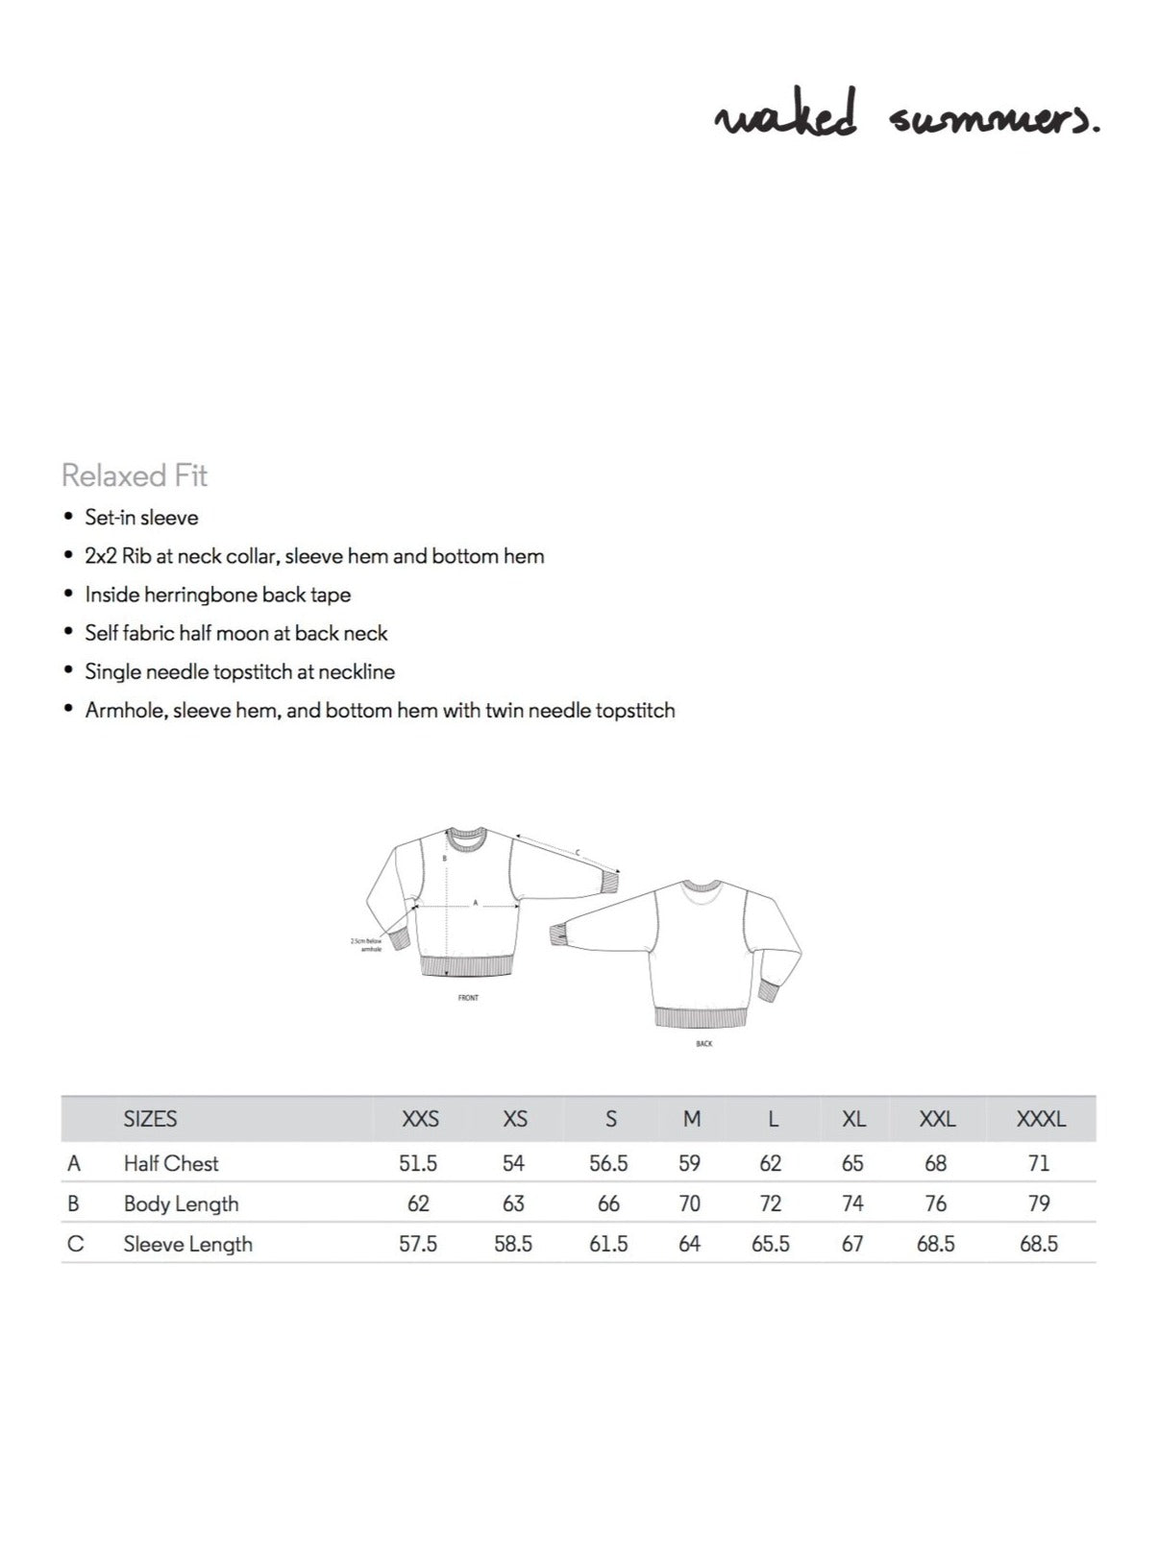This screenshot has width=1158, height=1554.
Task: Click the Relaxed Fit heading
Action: [135, 475]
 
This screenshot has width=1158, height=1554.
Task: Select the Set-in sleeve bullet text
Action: [141, 518]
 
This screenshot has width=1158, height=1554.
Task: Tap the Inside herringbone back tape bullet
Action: [217, 595]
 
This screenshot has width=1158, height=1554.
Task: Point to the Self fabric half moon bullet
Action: [235, 633]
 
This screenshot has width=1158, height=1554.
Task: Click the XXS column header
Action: [420, 1119]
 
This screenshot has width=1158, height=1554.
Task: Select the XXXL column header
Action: [1041, 1119]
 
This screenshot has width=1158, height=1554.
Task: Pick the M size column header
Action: [691, 1119]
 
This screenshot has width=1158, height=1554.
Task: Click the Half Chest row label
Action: [171, 1163]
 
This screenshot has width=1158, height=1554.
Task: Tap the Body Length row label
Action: [181, 1203]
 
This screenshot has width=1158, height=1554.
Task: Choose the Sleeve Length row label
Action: [187, 1244]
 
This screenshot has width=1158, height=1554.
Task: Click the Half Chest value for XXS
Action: [418, 1163]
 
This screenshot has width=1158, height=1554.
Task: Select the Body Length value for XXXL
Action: [1039, 1203]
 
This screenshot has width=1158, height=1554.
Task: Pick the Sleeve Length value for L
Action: [771, 1244]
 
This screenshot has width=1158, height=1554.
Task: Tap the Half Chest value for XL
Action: [852, 1163]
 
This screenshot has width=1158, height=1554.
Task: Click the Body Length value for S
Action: [608, 1203]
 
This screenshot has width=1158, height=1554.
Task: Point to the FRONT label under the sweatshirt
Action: [468, 998]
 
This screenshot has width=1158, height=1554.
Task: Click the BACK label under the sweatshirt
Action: [704, 1043]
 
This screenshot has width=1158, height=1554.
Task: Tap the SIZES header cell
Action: [150, 1119]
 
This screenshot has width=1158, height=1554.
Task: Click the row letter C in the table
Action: [76, 1244]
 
